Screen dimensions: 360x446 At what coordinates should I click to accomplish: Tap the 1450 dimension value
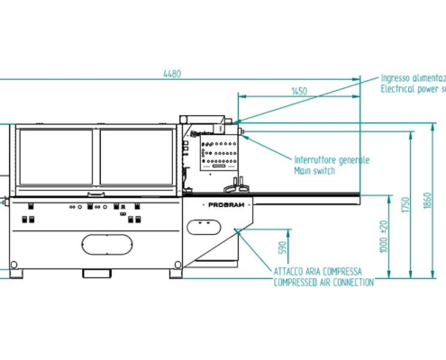click(x=299, y=91)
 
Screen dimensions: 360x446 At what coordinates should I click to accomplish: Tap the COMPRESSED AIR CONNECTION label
click(x=323, y=283)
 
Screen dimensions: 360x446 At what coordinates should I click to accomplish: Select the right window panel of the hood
click(x=137, y=156)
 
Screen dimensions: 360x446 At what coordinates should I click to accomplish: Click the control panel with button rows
click(x=215, y=157)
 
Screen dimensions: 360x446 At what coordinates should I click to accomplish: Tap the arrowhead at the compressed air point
click(x=237, y=230)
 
